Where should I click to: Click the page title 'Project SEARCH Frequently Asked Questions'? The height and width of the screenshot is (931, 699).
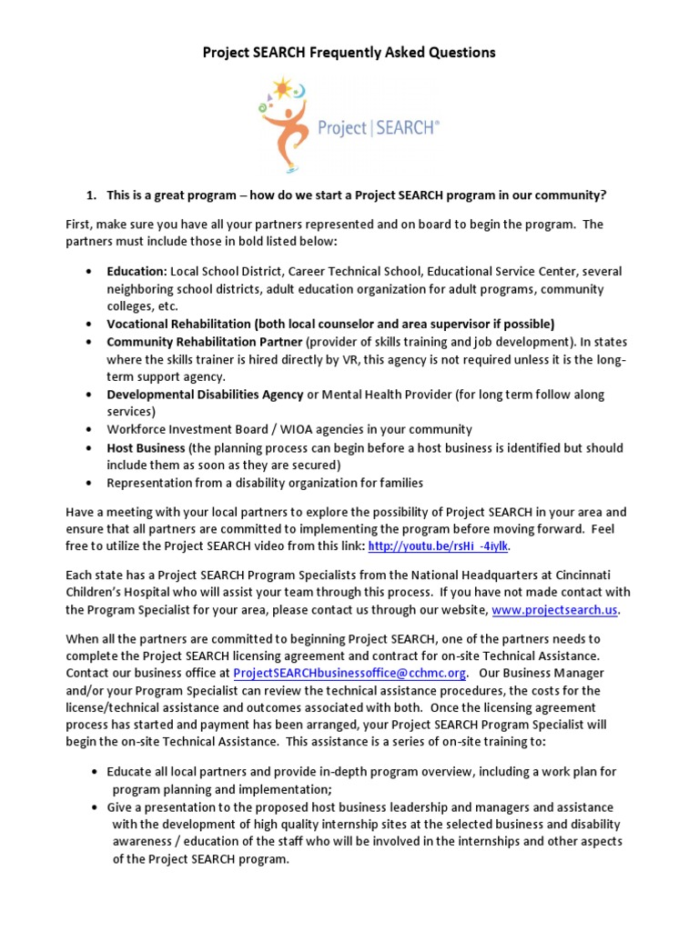point(349,53)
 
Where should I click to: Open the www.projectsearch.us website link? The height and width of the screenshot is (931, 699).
point(560,609)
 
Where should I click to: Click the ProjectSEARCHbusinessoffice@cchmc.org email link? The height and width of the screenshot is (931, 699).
point(350,673)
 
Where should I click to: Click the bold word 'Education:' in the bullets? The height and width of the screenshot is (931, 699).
point(137,271)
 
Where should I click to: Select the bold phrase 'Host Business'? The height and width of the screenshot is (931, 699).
point(146,448)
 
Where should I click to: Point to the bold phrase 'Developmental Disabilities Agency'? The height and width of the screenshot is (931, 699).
point(205,395)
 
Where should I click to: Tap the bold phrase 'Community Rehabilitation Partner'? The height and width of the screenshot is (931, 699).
point(204,342)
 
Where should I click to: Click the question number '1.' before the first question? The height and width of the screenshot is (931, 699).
point(90,195)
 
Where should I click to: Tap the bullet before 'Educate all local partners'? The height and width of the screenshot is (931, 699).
point(96,772)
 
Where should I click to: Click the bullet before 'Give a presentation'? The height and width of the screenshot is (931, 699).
point(96,807)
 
